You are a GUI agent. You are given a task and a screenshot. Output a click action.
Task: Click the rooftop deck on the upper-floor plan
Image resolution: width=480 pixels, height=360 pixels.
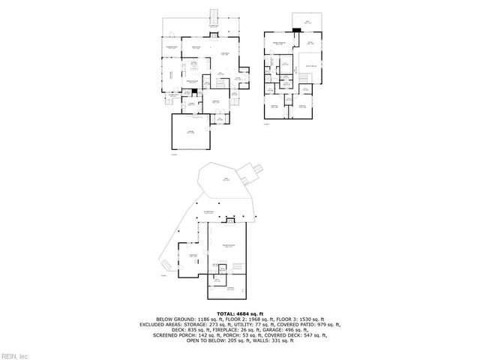click(306, 22)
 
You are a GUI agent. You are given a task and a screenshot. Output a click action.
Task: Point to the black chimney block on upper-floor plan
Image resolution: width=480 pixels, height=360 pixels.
click(297, 30)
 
